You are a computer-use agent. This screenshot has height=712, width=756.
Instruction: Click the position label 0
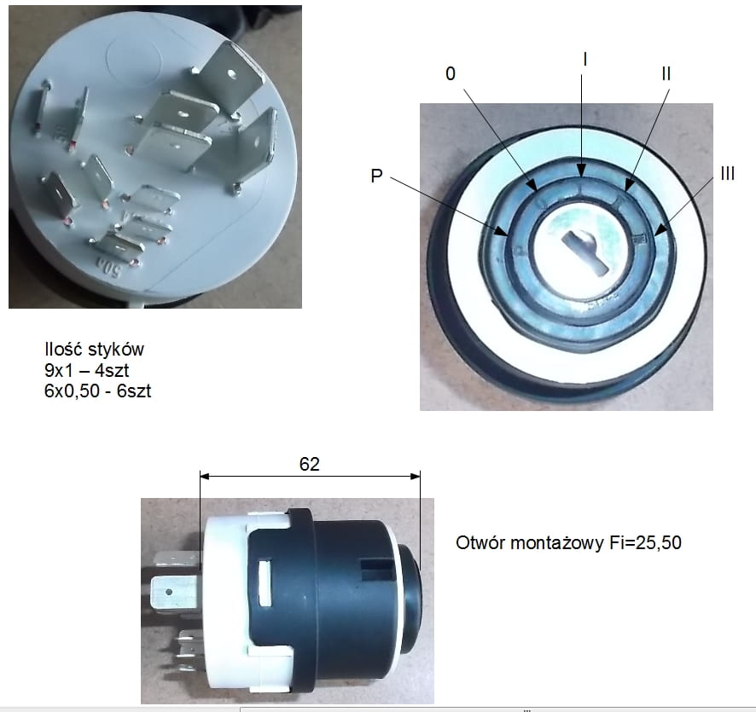451,73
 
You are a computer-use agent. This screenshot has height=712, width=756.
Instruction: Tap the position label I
584,59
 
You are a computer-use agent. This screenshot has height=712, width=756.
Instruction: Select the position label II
666,73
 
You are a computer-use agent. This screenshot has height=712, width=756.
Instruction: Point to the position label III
728,173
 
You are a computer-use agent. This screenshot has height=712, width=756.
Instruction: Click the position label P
376,176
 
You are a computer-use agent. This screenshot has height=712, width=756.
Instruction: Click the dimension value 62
310,464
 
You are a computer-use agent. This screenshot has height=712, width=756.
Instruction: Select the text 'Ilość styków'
94,350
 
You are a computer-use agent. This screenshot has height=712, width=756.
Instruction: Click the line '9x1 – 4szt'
87,370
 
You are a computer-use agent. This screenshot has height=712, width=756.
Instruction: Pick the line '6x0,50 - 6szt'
97,391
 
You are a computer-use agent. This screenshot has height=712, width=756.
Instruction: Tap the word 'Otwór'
480,543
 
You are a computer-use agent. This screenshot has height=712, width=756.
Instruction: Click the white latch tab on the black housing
265,582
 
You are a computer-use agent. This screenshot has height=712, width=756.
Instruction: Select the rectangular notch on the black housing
376,570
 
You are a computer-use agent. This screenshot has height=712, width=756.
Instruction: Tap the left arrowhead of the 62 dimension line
205,477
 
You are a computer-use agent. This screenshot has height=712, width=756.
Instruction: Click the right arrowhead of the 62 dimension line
416,477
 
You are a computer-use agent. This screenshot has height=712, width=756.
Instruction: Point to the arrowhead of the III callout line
659,231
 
